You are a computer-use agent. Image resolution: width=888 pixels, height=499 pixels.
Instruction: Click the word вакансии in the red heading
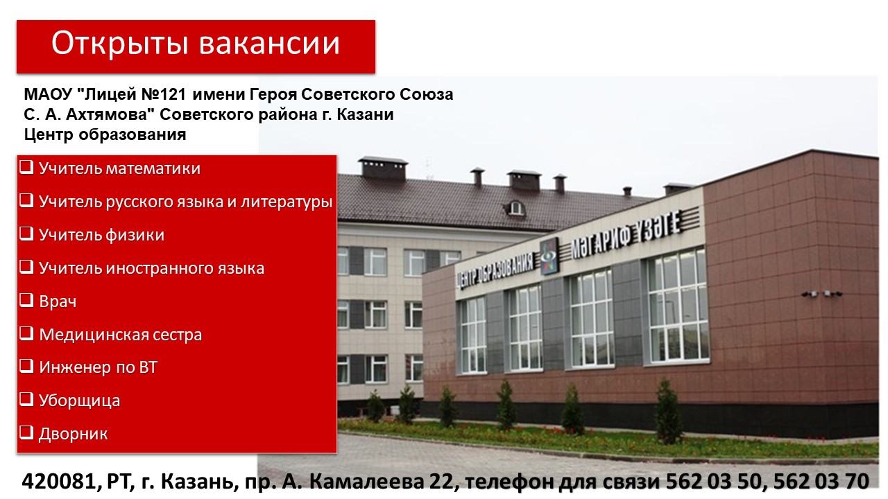click(269, 43)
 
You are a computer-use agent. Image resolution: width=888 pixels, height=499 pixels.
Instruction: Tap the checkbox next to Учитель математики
click(26, 167)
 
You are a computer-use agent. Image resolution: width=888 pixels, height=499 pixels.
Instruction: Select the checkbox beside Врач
click(26, 300)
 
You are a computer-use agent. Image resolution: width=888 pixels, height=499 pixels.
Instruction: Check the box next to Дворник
click(26, 432)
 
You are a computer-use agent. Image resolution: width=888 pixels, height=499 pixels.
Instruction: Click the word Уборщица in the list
click(79, 401)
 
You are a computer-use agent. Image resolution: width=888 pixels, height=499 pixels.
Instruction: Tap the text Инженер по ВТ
click(99, 367)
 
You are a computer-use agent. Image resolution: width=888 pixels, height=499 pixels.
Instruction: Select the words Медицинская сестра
click(121, 335)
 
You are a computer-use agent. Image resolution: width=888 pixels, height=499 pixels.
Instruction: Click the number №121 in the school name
click(164, 94)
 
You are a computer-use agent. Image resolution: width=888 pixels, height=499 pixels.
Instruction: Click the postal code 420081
click(59, 482)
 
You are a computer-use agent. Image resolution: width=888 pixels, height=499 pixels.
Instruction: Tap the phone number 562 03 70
click(821, 482)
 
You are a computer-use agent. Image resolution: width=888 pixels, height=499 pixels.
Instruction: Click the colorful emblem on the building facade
click(550, 256)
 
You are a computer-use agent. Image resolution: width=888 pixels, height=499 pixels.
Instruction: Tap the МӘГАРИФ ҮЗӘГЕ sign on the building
click(626, 234)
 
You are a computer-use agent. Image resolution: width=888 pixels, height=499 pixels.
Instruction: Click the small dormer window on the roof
click(515, 208)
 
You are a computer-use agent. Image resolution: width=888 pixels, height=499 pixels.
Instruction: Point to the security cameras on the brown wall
click(822, 294)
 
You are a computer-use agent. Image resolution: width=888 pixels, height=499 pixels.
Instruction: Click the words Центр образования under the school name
click(105, 134)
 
